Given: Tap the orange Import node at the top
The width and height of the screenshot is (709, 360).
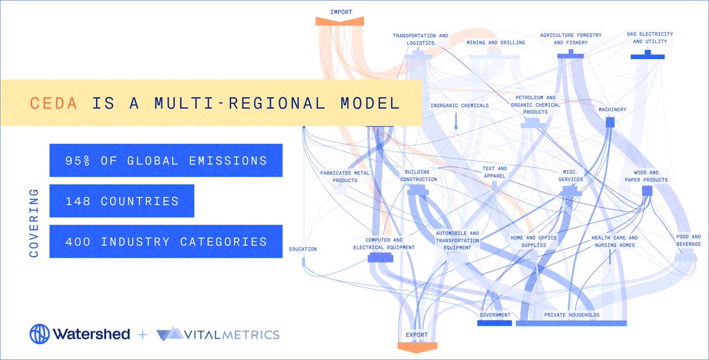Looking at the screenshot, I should coord(339,21).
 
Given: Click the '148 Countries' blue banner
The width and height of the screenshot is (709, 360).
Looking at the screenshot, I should coord(122,201).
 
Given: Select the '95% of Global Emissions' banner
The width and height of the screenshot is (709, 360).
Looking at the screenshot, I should coord(166,160).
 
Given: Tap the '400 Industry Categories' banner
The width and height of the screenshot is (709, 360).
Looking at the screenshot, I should coord(166,241).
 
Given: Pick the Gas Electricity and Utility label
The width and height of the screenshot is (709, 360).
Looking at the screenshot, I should coord(650,38).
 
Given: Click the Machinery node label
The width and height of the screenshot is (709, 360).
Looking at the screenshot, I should coord(612,109).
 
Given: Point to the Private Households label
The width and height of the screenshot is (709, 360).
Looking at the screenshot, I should coord(571,315).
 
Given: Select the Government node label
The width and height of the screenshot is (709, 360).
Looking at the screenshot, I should coord(495,315).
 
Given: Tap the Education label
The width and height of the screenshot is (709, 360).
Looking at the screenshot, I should coord(303,249).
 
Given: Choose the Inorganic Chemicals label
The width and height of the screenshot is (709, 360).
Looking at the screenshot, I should coord(460,105).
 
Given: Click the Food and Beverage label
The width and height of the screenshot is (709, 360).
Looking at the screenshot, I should coord(688,240).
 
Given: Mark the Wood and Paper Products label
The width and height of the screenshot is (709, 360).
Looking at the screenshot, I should coord(647,176).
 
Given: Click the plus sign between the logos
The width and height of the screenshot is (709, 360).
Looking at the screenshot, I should coord(142,335).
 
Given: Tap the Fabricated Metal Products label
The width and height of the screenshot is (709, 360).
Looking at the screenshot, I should coord(339,177).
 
